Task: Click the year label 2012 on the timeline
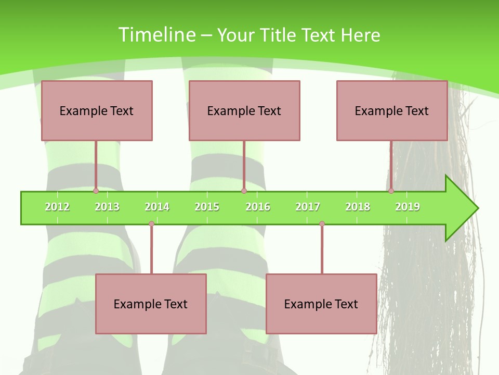[x=57, y=207]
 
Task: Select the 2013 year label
[x=107, y=207]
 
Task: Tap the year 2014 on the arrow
[x=157, y=207]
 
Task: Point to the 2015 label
[x=207, y=207]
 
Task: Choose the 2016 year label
[x=258, y=207]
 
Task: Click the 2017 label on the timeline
[x=308, y=207]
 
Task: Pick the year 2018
[x=358, y=207]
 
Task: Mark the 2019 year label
[x=408, y=207]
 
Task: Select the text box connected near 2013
[x=97, y=110]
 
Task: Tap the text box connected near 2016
[x=244, y=110]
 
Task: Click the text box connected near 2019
[x=392, y=110]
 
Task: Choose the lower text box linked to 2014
[x=151, y=304]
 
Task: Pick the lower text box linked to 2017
[x=321, y=304]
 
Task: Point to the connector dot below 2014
[x=151, y=224]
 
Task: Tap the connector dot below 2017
[x=322, y=224]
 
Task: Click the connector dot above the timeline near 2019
[x=391, y=191]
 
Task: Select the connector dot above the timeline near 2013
[x=96, y=191]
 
